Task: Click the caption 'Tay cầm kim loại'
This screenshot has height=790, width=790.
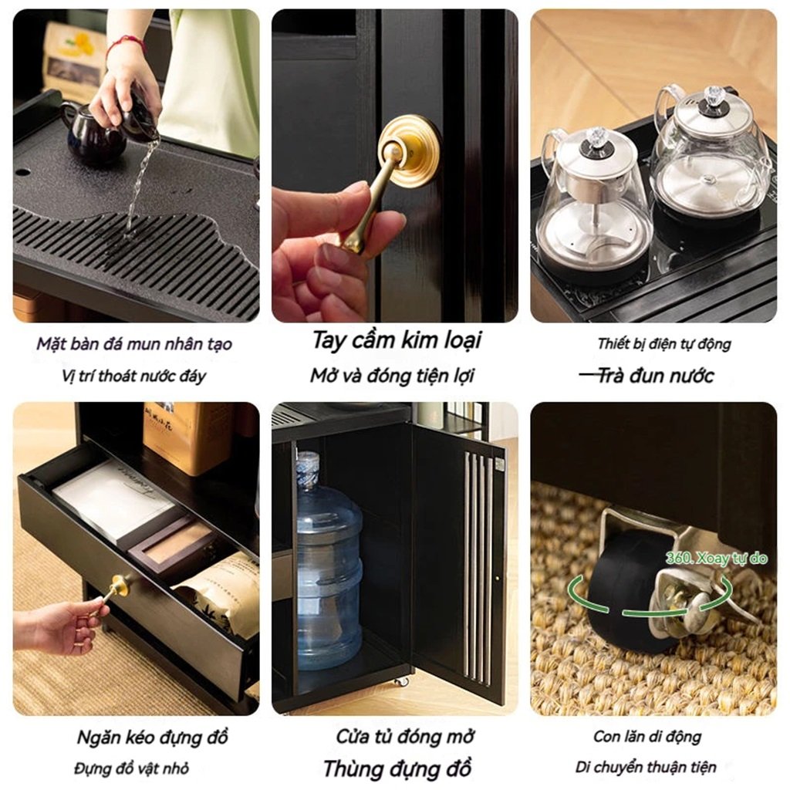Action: point(397,340)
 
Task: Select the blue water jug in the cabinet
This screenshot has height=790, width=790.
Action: point(329,560)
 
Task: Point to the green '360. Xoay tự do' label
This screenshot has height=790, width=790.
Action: point(716,558)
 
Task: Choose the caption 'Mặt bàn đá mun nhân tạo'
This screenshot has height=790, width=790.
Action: point(134,344)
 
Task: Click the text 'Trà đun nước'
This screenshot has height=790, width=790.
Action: point(656,376)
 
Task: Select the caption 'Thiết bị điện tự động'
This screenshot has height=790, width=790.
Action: point(664,344)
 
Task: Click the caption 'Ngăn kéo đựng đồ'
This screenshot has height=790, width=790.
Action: point(153,737)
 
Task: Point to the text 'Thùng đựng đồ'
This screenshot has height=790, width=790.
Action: point(397,769)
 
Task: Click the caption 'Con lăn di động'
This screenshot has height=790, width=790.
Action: point(647,737)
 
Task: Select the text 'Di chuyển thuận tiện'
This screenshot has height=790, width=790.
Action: point(646,768)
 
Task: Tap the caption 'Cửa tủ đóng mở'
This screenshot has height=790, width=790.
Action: point(404,737)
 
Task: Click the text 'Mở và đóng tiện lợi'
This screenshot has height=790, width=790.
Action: point(393,376)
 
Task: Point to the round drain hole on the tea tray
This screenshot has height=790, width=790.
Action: point(22,172)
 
